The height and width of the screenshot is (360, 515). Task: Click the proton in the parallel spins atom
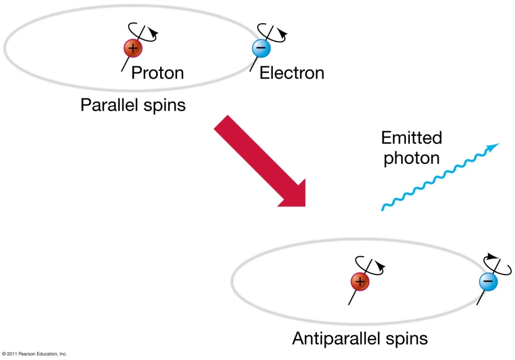132,49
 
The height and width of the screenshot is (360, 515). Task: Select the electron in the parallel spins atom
261,48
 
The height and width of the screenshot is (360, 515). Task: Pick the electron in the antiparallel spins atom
488,282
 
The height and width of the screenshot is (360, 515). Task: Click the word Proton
157,73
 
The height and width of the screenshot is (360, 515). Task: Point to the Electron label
291,73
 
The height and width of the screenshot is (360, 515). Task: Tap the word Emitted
411,138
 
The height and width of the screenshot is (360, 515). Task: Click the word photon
411,158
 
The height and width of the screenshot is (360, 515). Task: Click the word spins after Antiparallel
407,338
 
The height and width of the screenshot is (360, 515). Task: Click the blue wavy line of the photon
438,178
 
